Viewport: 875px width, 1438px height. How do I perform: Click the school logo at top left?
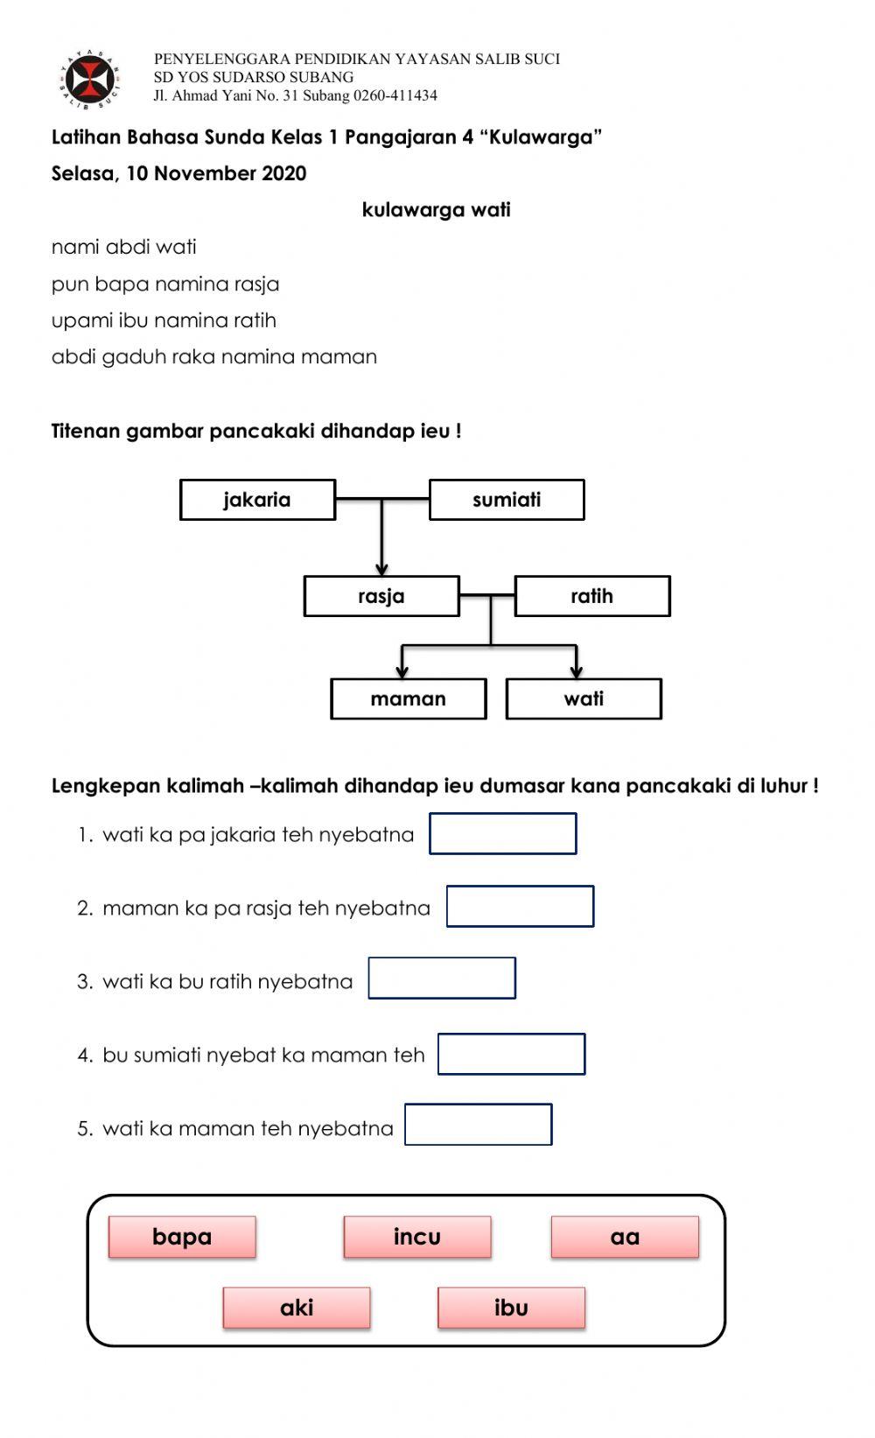(x=91, y=80)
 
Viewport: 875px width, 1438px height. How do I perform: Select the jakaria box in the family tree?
(x=257, y=500)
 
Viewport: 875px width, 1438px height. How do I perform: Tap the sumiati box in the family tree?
(x=506, y=500)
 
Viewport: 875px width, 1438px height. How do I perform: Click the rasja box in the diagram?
(x=381, y=596)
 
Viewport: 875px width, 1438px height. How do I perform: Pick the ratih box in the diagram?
(x=591, y=596)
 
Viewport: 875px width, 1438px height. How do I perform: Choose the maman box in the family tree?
(x=408, y=698)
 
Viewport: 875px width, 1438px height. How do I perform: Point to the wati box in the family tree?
(x=584, y=698)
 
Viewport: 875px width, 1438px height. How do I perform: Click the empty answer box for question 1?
(x=502, y=833)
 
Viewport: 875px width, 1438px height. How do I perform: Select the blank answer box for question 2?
(x=520, y=906)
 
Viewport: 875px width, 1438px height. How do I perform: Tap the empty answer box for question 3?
(x=442, y=978)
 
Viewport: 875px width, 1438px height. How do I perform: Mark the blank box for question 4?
(x=511, y=1054)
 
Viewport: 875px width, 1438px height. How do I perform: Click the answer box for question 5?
(x=478, y=1125)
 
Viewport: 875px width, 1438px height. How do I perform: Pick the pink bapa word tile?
(x=182, y=1237)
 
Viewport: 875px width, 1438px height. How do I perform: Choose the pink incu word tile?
(x=417, y=1237)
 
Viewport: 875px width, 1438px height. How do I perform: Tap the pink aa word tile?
(x=625, y=1237)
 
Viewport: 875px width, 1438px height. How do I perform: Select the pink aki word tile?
(x=297, y=1308)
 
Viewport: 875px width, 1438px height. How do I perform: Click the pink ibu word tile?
(x=511, y=1308)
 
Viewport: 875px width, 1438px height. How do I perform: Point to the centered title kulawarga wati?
(x=436, y=210)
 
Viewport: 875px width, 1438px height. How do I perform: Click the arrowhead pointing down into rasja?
(x=381, y=569)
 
